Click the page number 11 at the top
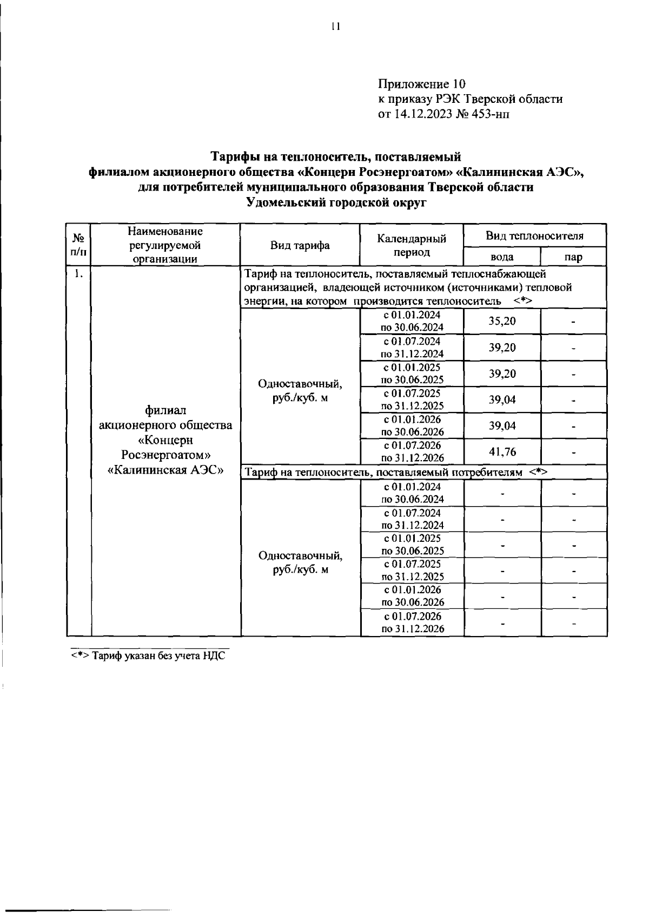click(335, 27)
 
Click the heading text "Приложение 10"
click(421, 84)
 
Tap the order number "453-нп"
click(491, 114)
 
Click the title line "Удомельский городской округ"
click(336, 203)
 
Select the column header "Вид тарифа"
click(300, 245)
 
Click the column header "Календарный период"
click(412, 245)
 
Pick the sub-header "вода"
click(501, 257)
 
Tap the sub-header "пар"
click(573, 257)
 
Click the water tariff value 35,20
click(502, 321)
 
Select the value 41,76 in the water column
click(502, 451)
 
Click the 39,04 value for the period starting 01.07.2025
click(502, 399)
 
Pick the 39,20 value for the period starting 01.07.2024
click(502, 347)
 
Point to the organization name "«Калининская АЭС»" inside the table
click(166, 469)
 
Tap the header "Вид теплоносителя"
click(534, 236)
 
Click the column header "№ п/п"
click(78, 245)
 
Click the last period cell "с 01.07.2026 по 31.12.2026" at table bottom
click(412, 622)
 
